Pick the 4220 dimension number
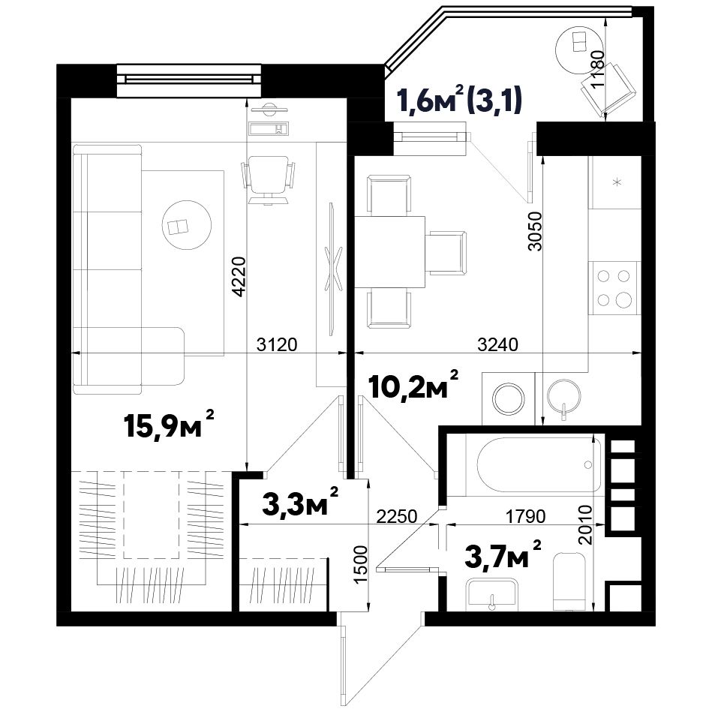click(239, 277)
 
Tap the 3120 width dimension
click(277, 344)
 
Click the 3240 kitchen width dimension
click(497, 344)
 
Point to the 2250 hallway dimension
click(396, 516)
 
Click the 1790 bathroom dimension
click(526, 516)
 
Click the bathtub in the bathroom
click(539, 464)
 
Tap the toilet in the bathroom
click(569, 581)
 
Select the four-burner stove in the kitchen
click(614, 288)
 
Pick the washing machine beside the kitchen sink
click(509, 398)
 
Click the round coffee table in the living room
click(187, 225)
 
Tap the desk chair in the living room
click(267, 179)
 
